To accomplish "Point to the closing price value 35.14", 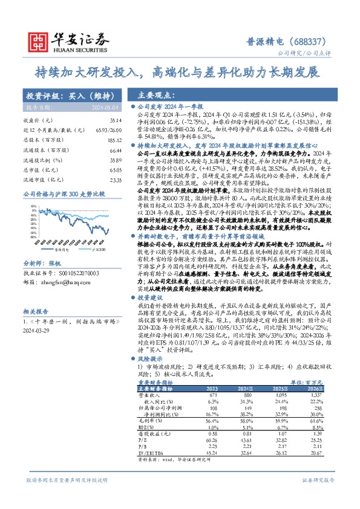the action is click(x=110, y=120).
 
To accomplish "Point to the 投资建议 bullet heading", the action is click(x=153, y=298).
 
